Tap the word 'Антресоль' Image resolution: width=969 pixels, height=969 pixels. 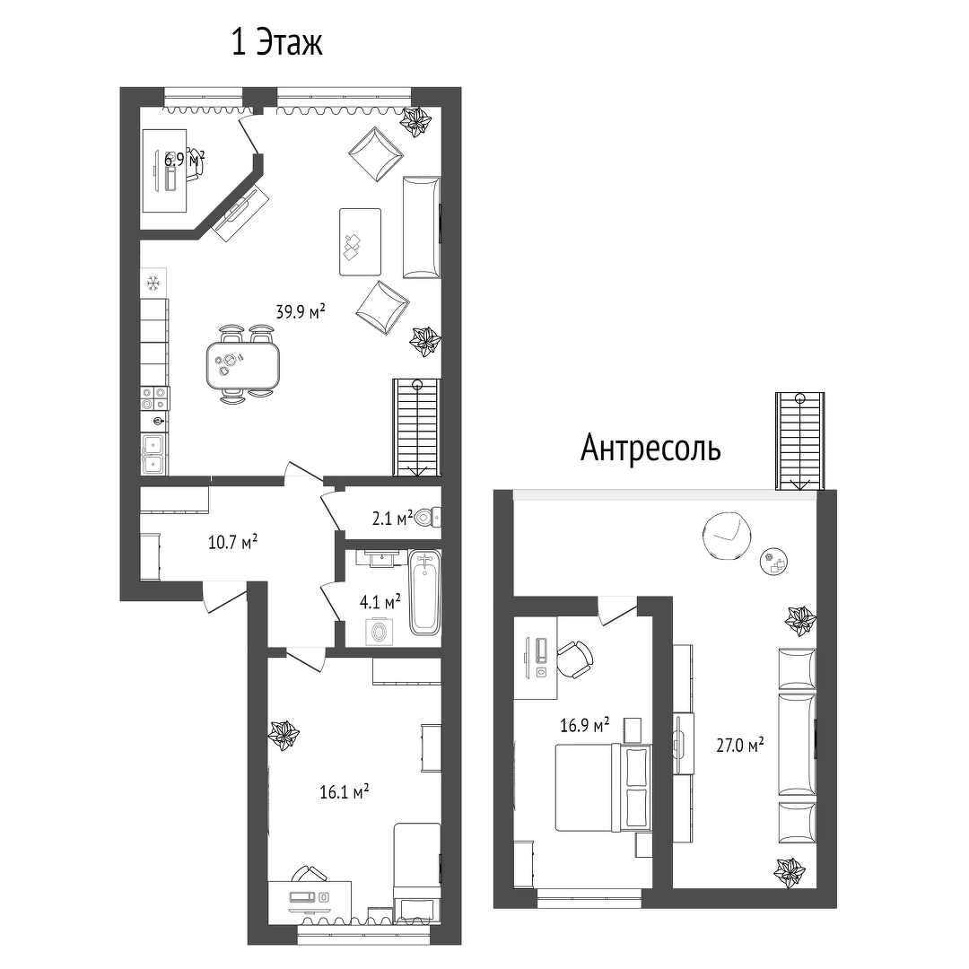pyautogui.click(x=650, y=448)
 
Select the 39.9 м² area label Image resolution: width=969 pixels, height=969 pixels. pyautogui.click(x=301, y=311)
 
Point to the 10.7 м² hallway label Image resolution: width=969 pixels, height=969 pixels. pyautogui.click(x=232, y=543)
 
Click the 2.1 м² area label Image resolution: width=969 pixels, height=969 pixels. pyautogui.click(x=392, y=519)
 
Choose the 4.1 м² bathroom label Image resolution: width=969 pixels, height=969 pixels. pyautogui.click(x=380, y=601)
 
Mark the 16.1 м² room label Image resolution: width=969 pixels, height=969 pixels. pyautogui.click(x=345, y=791)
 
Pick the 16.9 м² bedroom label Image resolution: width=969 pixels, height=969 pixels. pyautogui.click(x=585, y=724)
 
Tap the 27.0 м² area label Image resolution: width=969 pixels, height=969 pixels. pyautogui.click(x=739, y=745)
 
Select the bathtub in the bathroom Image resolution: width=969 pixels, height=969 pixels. pyautogui.click(x=423, y=591)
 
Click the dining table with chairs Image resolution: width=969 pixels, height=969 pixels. pyautogui.click(x=243, y=364)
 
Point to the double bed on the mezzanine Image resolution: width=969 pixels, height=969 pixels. pyautogui.click(x=604, y=788)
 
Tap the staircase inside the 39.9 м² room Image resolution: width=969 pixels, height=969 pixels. pyautogui.click(x=417, y=427)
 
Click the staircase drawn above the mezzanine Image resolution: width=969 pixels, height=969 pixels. pyautogui.click(x=800, y=441)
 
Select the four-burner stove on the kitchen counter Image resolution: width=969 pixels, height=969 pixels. pyautogui.click(x=154, y=398)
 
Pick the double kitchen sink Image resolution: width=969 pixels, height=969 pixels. pyautogui.click(x=153, y=454)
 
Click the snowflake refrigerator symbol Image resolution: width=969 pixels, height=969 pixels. pyautogui.click(x=154, y=283)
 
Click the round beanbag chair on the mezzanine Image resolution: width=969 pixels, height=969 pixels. pyautogui.click(x=728, y=536)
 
